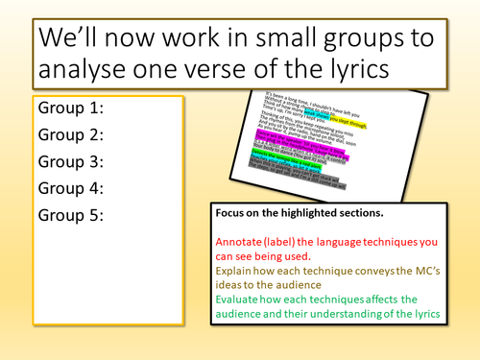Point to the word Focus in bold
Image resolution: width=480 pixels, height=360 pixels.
[233, 216]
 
